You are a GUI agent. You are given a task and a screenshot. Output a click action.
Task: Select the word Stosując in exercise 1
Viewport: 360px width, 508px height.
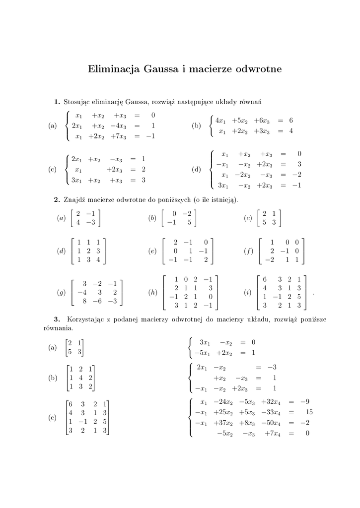pyautogui.click(x=78, y=102)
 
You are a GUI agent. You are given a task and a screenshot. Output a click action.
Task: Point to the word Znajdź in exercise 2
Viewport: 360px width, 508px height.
pyautogui.click(x=75, y=200)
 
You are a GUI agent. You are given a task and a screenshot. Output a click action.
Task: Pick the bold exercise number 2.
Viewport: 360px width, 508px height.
pyautogui.click(x=57, y=200)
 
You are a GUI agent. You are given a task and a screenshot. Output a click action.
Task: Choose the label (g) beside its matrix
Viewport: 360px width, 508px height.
pyautogui.click(x=62, y=293)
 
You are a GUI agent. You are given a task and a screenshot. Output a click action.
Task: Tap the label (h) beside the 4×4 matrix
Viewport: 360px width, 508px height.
pyautogui.click(x=153, y=293)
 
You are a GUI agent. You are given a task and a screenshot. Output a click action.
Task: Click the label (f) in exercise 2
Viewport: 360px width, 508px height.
pyautogui.click(x=249, y=251)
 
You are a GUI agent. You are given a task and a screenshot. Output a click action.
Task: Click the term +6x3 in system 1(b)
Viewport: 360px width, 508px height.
pyautogui.click(x=262, y=121)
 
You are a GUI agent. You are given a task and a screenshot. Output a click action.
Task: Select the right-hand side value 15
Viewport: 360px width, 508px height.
pyautogui.click(x=309, y=412)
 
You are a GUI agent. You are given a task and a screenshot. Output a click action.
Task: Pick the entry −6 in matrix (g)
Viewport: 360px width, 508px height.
pyautogui.click(x=98, y=301)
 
